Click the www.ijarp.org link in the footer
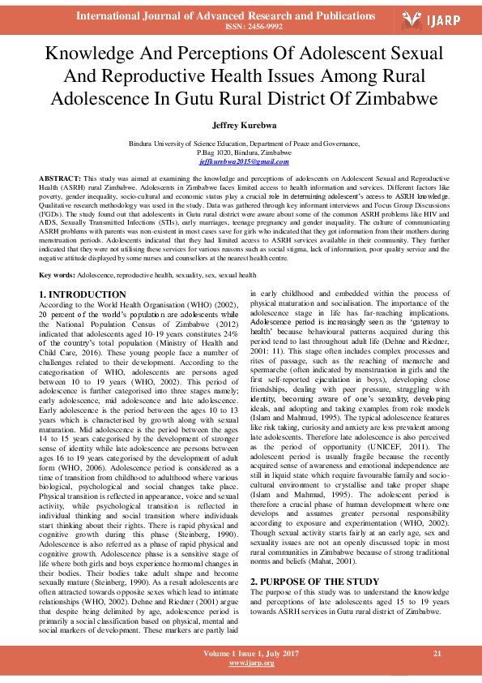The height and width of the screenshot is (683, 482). point(251,663)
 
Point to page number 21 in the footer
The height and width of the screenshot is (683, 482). point(437,653)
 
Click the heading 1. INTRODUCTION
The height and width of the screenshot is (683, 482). point(83,294)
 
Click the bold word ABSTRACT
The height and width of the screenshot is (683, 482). point(59,177)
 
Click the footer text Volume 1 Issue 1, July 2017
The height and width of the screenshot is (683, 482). point(251,653)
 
